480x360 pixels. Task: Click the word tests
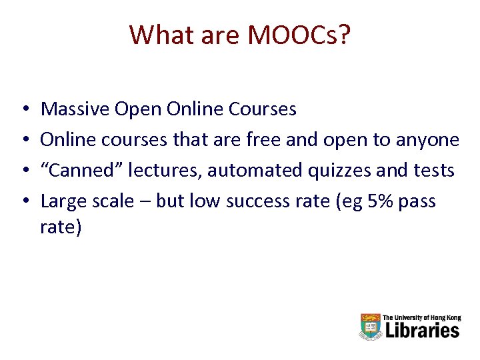(433, 171)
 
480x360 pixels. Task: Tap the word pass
(418, 201)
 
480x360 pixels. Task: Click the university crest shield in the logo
(370, 327)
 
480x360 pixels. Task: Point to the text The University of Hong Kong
(421, 318)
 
